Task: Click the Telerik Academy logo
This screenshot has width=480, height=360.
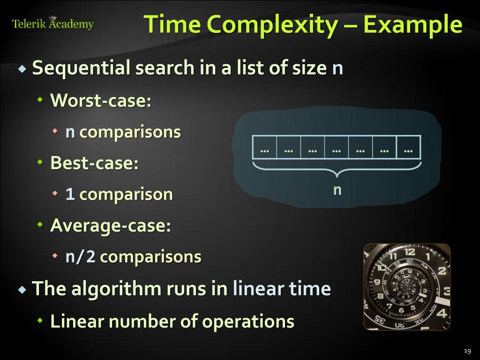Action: point(52,24)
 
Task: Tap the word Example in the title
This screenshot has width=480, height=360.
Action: point(413,24)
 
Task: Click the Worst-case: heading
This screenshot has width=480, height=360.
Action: point(101,100)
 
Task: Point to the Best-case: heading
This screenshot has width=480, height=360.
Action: point(94,163)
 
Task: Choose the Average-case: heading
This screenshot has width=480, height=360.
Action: point(110,225)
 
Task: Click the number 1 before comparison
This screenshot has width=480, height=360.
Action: point(70,195)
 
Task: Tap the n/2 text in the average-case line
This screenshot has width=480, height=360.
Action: point(80,257)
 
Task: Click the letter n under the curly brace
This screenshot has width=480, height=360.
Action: point(337,190)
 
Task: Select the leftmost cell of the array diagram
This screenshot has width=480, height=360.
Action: point(264,148)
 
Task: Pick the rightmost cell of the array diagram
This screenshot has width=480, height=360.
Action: point(408,148)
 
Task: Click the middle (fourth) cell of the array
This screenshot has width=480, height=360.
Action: point(336,148)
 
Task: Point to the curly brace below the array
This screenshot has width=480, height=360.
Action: point(337,169)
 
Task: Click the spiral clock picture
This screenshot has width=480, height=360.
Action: point(407,287)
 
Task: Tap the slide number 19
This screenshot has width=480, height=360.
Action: point(466,351)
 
